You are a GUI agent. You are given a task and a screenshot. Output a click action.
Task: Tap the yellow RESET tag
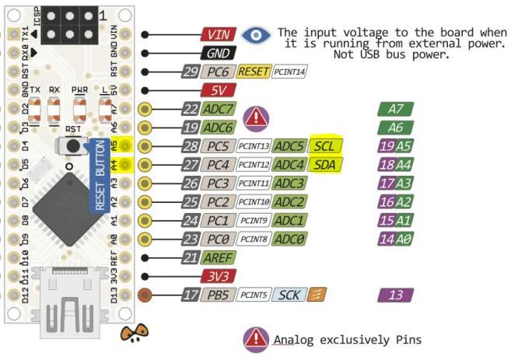(254, 72)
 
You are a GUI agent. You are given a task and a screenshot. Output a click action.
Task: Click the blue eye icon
(255, 35)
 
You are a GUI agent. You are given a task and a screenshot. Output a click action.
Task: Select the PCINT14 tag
(290, 72)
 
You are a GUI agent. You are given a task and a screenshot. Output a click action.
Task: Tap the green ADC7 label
(218, 110)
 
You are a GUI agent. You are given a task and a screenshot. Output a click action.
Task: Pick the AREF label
(219, 258)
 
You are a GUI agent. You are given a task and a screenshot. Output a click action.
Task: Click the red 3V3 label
(218, 277)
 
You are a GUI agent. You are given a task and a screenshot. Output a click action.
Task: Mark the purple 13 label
(396, 295)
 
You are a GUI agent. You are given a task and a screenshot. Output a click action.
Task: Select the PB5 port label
(219, 295)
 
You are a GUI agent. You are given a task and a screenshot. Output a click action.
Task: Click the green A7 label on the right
(395, 110)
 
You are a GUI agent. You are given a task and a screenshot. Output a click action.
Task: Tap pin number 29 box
(191, 72)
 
